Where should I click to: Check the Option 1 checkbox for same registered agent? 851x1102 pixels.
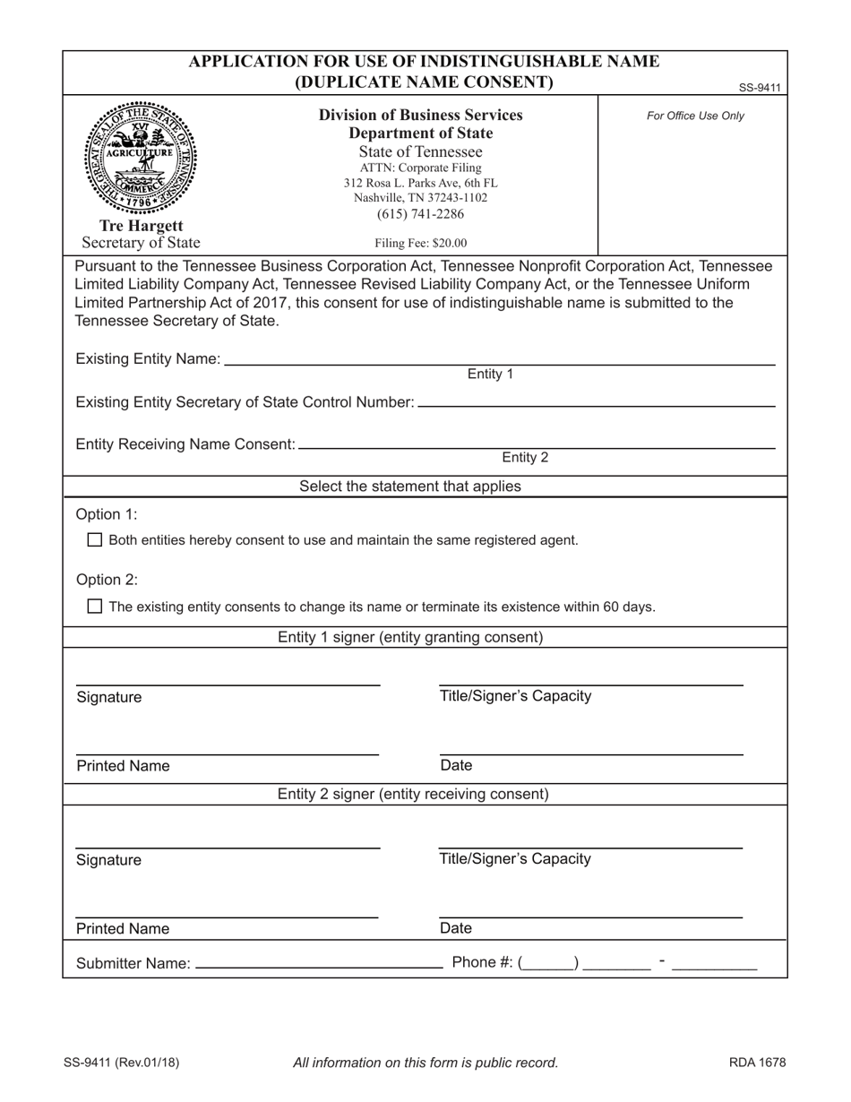(95, 540)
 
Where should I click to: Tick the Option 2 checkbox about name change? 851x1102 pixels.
(95, 607)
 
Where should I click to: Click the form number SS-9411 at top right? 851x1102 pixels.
(760, 88)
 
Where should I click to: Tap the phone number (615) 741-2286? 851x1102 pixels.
(420, 214)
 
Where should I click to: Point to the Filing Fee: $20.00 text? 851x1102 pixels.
(420, 243)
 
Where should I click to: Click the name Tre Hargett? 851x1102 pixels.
(141, 226)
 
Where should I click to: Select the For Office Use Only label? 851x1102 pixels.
(695, 116)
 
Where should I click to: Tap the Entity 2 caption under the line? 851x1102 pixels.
(525, 458)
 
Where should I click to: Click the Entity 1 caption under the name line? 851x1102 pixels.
(490, 375)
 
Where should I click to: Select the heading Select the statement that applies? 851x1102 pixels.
(409, 486)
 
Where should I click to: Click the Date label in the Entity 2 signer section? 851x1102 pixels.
(456, 928)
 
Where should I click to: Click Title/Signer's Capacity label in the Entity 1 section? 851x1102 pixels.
(515, 696)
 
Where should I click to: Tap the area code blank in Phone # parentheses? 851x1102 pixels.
(550, 963)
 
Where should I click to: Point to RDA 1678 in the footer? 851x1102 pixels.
(757, 1063)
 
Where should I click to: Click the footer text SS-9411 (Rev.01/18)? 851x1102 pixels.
(121, 1063)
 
